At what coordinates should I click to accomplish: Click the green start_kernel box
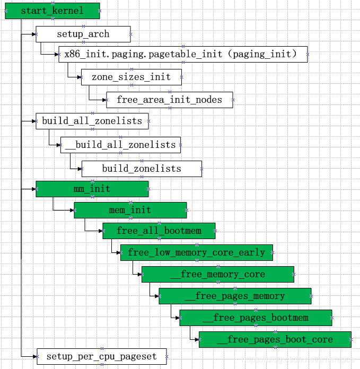(x=52, y=11)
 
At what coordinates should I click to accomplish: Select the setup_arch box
(x=83, y=34)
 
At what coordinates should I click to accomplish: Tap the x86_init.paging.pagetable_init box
(x=183, y=54)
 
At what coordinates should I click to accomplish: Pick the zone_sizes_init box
(x=131, y=77)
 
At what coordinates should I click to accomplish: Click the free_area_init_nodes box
(x=170, y=100)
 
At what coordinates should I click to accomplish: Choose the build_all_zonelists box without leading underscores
(x=92, y=121)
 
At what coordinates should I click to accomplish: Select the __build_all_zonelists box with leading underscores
(x=120, y=145)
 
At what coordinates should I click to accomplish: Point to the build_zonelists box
(x=142, y=169)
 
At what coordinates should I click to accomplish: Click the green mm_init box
(x=92, y=189)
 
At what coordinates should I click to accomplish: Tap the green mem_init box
(x=130, y=210)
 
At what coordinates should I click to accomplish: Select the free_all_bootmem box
(x=159, y=231)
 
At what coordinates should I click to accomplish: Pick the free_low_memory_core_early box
(x=197, y=252)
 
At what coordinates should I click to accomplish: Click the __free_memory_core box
(x=217, y=274)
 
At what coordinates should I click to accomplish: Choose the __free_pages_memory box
(x=235, y=296)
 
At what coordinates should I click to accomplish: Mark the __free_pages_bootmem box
(x=256, y=318)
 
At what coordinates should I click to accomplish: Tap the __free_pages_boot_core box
(x=275, y=339)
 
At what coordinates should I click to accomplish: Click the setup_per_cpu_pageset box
(x=102, y=356)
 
